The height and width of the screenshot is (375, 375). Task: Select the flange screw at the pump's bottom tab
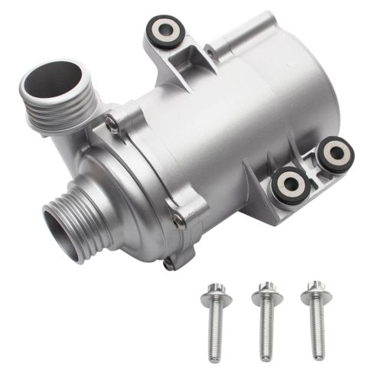168,265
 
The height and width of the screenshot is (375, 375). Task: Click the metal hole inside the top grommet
165,28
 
